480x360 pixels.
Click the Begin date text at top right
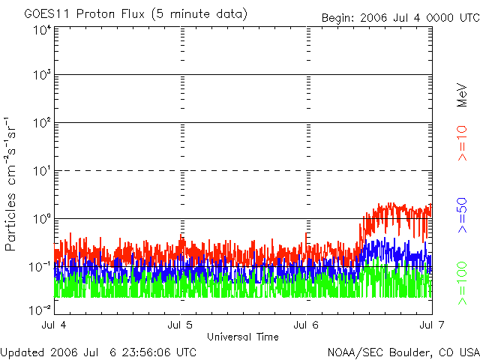click(399, 18)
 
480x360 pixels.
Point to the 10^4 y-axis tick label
click(42, 30)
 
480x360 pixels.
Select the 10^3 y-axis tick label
click(42, 76)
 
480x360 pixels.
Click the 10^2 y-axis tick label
click(42, 123)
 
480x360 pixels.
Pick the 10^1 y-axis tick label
click(42, 171)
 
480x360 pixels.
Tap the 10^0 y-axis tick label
click(42, 219)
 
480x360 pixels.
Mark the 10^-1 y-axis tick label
click(40, 266)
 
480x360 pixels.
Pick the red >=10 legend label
click(462, 143)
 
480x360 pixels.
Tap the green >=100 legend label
click(462, 283)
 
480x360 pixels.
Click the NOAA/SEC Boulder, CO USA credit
click(403, 352)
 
